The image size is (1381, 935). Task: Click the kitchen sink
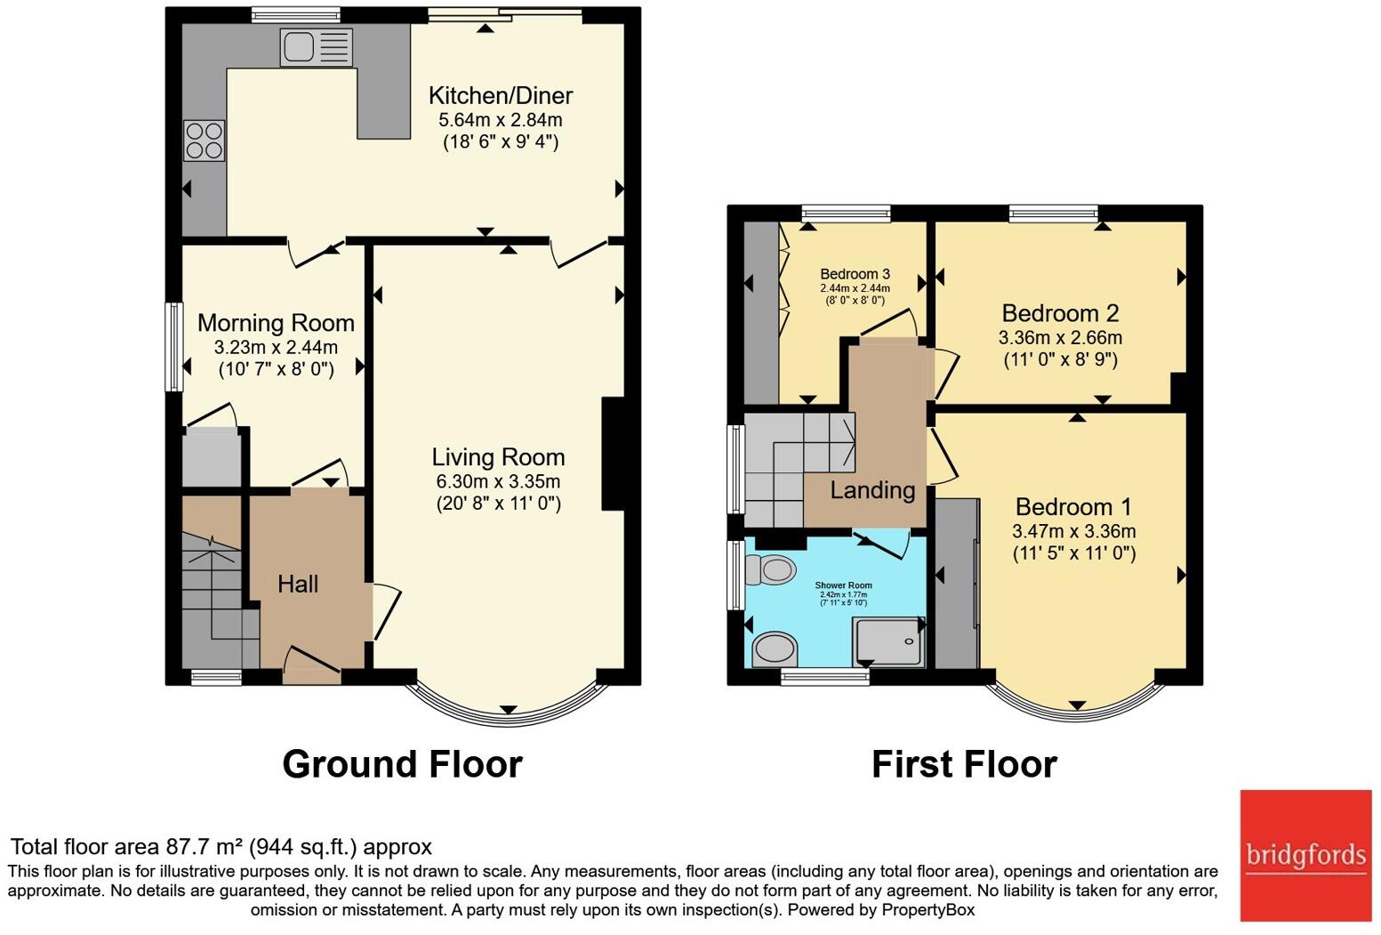[x=317, y=47]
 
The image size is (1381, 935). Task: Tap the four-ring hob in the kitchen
[x=204, y=141]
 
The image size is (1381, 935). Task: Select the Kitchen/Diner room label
[x=500, y=95]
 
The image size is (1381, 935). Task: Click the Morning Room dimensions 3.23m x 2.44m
[x=276, y=347]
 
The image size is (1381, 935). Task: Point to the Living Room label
[x=498, y=457]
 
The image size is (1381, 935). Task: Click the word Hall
[x=298, y=584]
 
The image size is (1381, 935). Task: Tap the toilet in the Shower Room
[x=771, y=569]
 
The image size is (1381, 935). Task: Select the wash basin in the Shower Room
[x=774, y=649]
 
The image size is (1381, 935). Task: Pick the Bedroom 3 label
[x=855, y=274]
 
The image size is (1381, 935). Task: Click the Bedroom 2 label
[x=1060, y=313]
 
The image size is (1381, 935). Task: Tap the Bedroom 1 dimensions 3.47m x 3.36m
[x=1073, y=531]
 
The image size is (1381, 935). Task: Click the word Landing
[x=872, y=490]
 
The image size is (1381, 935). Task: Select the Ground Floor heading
[x=402, y=764]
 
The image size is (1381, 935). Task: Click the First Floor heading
[x=964, y=764]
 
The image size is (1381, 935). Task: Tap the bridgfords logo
[x=1305, y=855]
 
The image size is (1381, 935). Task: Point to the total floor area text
[x=221, y=847]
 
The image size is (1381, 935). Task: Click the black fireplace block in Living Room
[x=614, y=454]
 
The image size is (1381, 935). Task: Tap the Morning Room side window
[x=174, y=347]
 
